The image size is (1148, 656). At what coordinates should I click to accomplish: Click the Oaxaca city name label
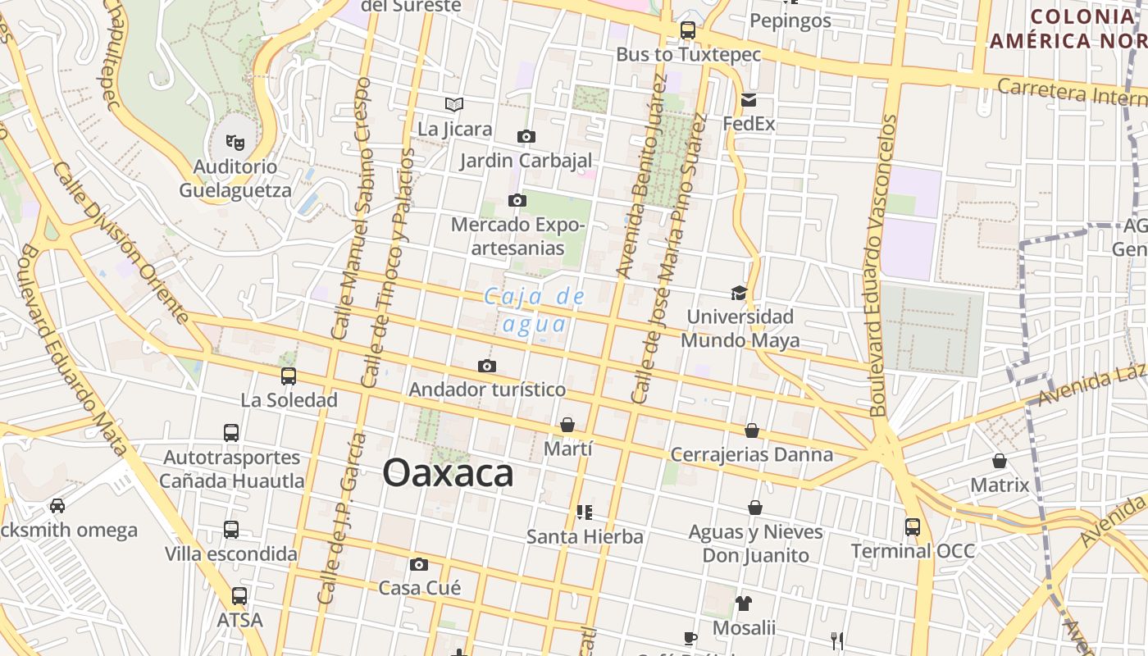tap(448, 473)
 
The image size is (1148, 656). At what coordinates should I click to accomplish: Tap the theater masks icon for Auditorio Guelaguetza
tap(235, 143)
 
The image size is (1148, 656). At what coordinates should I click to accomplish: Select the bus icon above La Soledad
tap(289, 376)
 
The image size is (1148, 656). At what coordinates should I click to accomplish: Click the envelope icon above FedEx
tap(749, 100)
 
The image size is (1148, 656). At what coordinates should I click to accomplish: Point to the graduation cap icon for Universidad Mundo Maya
tap(740, 293)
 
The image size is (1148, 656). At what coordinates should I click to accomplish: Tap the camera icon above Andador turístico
tap(487, 366)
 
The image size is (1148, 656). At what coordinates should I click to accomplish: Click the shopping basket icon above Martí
tap(567, 425)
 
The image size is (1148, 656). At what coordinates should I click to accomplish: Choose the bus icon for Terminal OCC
tap(913, 526)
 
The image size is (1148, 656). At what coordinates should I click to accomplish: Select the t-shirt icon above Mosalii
tap(744, 604)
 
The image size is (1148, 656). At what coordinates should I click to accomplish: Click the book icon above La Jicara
tap(454, 104)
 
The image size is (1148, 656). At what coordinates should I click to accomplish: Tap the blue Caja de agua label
tap(535, 310)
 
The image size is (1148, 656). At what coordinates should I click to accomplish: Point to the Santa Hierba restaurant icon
tap(585, 512)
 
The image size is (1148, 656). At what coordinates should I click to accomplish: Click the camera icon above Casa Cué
tap(419, 564)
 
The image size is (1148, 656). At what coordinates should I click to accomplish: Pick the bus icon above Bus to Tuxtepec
tap(688, 30)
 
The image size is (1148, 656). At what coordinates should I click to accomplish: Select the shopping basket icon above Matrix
tap(1000, 461)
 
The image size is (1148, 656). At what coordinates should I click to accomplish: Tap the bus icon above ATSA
tap(239, 596)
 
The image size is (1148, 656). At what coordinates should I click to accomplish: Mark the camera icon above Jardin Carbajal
tap(526, 136)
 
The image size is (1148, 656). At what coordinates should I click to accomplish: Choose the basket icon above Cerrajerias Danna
tap(752, 430)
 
